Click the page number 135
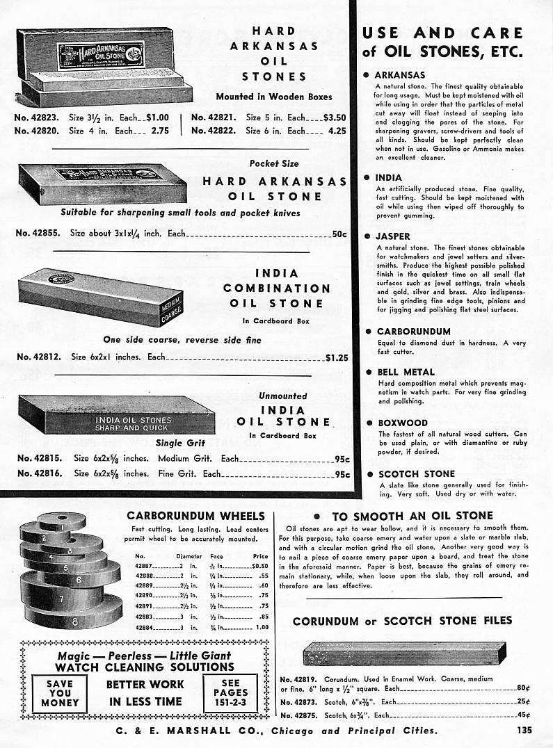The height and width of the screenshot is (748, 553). click(x=525, y=730)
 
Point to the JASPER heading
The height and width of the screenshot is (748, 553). click(x=393, y=236)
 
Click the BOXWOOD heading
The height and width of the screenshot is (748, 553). click(x=402, y=423)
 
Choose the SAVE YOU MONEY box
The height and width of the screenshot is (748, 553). click(x=60, y=693)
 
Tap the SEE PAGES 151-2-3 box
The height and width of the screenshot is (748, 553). click(x=230, y=693)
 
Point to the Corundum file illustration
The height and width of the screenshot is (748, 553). click(x=404, y=653)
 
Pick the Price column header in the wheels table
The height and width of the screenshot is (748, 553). click(x=260, y=556)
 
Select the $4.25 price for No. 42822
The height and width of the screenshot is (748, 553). click(x=336, y=131)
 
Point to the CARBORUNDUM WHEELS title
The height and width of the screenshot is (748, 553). click(x=195, y=516)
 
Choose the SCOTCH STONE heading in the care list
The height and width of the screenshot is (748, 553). click(x=416, y=474)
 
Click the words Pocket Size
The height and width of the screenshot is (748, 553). click(x=273, y=163)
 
